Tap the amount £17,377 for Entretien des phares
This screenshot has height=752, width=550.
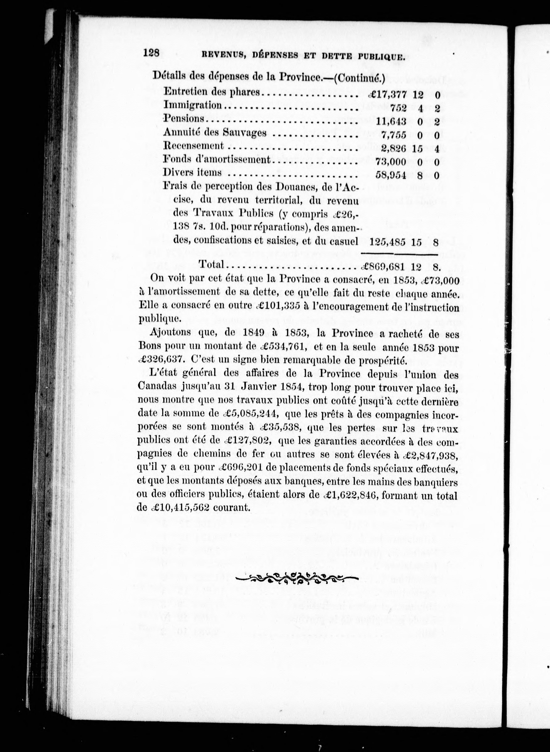click(x=388, y=95)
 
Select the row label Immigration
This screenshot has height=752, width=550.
click(x=192, y=105)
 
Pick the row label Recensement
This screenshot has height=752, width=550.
click(x=193, y=146)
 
